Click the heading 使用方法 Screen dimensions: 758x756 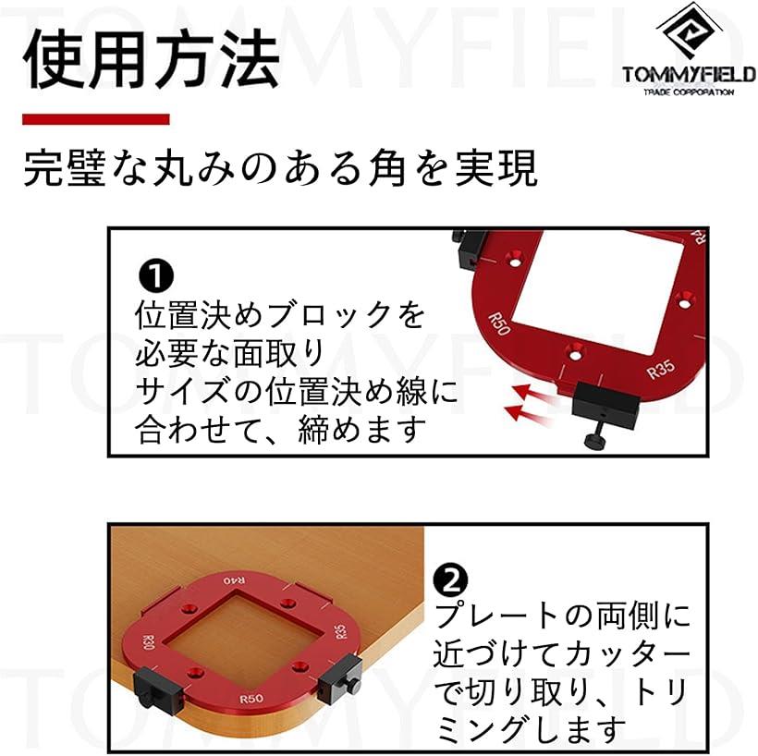151,59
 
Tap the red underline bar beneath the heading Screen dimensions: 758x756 96,119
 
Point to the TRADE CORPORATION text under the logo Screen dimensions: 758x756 689,91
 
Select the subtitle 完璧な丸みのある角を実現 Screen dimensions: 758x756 280,168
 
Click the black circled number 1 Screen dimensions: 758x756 155,275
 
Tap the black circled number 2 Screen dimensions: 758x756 450,580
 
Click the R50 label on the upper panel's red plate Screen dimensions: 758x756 498,323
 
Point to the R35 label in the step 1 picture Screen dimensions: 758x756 660,370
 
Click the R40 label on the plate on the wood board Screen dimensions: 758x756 234,580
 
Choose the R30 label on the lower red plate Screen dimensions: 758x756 148,642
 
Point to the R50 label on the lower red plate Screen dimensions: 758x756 251,699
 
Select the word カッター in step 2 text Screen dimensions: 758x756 627,654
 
